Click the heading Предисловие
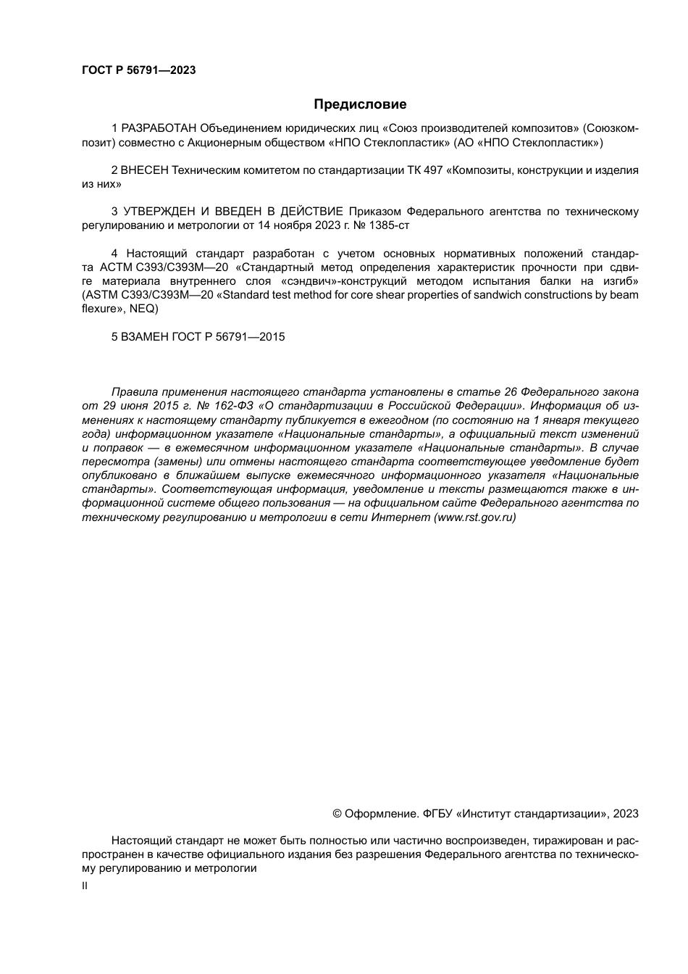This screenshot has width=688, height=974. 360,104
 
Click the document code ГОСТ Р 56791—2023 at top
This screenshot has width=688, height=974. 139,70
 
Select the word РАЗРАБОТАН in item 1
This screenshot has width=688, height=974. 159,129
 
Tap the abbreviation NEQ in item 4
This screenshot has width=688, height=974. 142,308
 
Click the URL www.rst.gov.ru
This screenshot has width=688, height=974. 474,517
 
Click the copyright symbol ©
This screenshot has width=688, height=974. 337,813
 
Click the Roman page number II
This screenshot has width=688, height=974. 85,886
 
